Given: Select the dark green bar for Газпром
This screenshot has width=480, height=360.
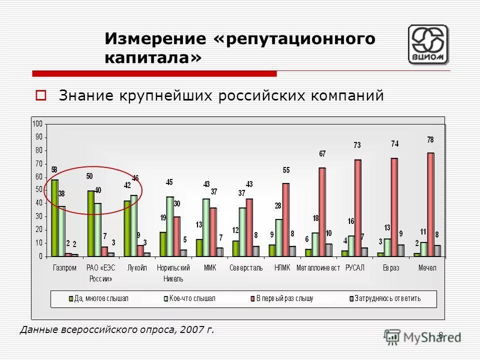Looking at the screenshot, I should pos(54,217).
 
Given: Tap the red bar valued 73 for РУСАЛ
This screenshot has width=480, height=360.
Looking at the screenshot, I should pos(357,207).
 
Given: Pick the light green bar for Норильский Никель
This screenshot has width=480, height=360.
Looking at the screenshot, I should pos(170,226).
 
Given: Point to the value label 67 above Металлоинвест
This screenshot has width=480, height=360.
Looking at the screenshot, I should pos(322,154).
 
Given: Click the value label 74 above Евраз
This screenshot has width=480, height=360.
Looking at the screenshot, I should pos(394,144).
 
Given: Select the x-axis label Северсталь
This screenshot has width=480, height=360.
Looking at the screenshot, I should pos(246,268).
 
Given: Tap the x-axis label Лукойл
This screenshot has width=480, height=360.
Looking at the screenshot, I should pos(137,268).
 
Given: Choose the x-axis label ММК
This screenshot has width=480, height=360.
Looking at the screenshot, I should pos(209,268).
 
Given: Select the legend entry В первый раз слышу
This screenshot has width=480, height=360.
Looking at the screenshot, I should pos(284,299).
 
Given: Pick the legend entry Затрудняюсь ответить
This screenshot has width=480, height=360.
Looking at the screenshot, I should pos(387,299).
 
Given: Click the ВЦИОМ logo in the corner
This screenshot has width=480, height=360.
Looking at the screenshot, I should pos(428,44).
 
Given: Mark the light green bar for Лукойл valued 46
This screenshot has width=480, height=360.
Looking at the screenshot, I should pos(133,225).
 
